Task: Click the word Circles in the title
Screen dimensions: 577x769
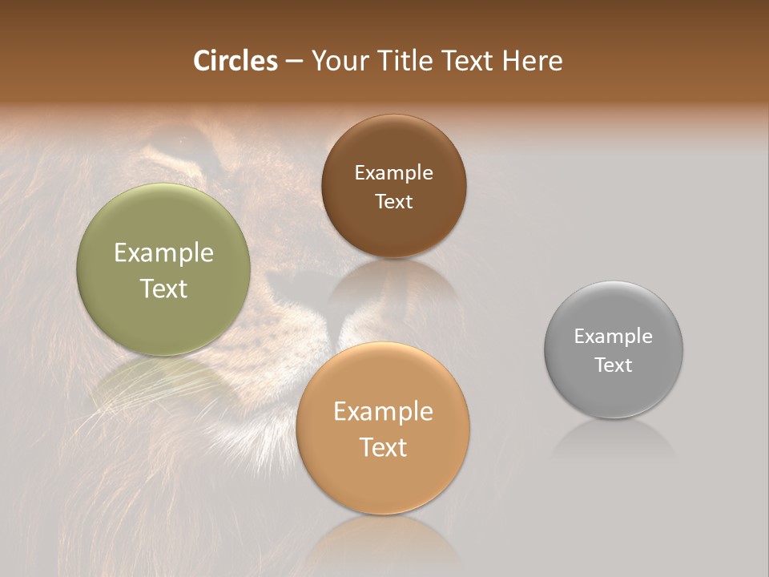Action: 235,61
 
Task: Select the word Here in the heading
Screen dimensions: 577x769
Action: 533,61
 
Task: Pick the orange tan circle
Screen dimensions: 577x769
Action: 383,481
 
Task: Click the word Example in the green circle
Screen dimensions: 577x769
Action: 163,253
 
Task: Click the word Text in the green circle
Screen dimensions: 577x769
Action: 163,288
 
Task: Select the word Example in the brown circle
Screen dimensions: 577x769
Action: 393,173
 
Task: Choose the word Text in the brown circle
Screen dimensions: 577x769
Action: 393,202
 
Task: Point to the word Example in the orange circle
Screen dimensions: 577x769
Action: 383,412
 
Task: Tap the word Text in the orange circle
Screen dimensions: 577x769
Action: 383,447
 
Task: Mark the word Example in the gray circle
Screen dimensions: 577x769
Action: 613,337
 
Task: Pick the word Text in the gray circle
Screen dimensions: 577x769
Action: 613,365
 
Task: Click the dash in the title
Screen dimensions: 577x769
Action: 293,62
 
